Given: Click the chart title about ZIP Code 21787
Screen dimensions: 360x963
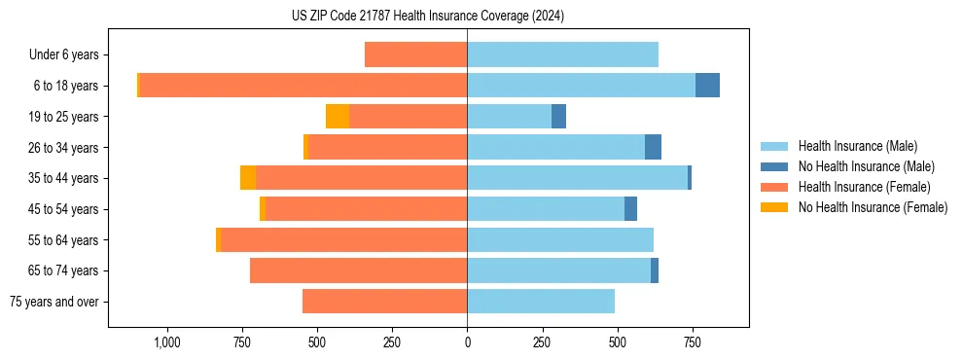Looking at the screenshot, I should click(x=427, y=16).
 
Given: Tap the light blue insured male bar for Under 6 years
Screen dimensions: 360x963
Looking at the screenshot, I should click(x=562, y=54).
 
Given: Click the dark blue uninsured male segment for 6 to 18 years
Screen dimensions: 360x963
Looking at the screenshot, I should click(x=707, y=86).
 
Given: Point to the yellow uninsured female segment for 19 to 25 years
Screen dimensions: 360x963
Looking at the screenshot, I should click(x=338, y=117).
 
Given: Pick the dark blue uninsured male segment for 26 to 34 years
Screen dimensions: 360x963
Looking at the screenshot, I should click(x=653, y=147).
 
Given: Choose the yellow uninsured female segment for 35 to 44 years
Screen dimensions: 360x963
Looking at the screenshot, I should click(x=248, y=178).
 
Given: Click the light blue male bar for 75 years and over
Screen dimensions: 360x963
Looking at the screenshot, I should click(x=541, y=302).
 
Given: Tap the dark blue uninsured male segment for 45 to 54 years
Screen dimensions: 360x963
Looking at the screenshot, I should click(x=630, y=209).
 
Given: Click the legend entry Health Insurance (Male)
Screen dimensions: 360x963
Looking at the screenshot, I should click(x=857, y=146).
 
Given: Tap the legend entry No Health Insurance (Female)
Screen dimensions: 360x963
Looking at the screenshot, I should click(x=873, y=207).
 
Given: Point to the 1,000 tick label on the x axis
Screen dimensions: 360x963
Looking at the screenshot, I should click(x=166, y=342).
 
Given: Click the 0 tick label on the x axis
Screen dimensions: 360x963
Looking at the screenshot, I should click(x=467, y=342).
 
